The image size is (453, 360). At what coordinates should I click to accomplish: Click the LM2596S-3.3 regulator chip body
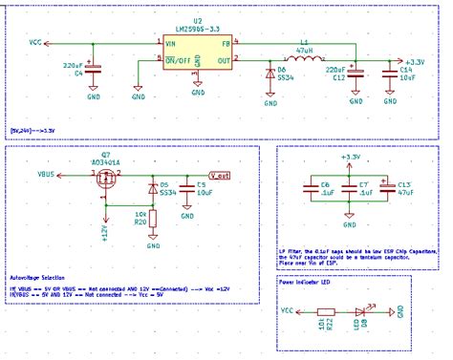click(x=197, y=49)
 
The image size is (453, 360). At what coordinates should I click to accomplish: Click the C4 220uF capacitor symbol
click(x=94, y=69)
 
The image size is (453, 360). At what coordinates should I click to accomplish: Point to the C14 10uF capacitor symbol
click(x=389, y=73)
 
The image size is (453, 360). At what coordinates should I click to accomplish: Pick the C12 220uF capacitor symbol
click(x=356, y=73)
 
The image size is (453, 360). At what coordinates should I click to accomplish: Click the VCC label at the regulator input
click(x=35, y=43)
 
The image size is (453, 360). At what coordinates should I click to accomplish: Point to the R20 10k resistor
click(x=153, y=219)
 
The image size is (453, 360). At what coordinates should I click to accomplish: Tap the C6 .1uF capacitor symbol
click(x=309, y=190)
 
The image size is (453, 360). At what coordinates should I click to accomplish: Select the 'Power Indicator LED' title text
click(x=304, y=283)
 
